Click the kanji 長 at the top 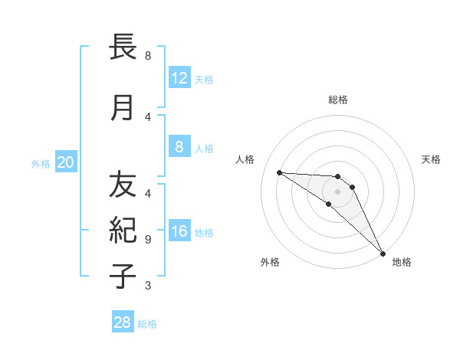[x=123, y=48]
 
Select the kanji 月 [x=123, y=108]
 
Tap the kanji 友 [x=123, y=184]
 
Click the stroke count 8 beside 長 [x=148, y=56]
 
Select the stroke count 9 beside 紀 [x=148, y=239]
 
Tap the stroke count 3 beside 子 [x=148, y=286]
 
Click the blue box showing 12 [x=179, y=77]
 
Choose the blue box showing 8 [x=179, y=146]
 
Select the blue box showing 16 [x=179, y=231]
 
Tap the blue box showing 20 [x=65, y=162]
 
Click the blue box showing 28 [x=123, y=322]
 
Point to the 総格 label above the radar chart [x=338, y=100]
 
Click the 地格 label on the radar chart [x=402, y=262]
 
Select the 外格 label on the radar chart [x=270, y=262]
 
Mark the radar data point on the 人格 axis [x=279, y=172]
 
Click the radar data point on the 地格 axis [x=383, y=253]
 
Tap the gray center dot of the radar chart [x=338, y=191]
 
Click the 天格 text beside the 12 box [x=204, y=79]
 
